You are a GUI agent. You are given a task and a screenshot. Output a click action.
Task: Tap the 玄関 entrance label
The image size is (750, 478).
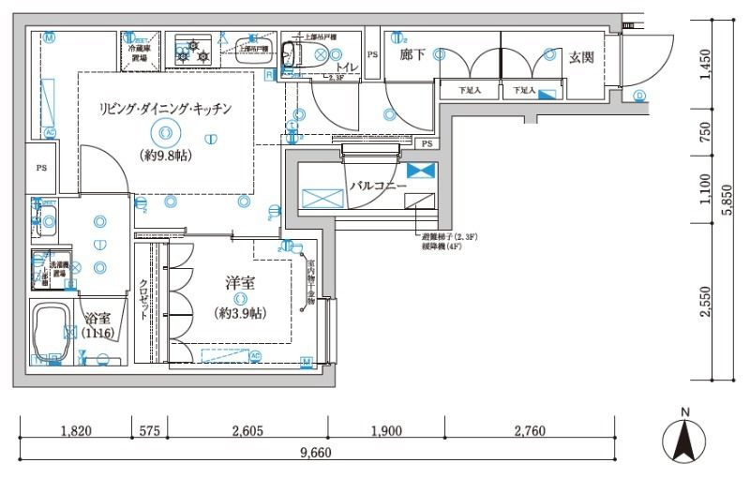[581, 57]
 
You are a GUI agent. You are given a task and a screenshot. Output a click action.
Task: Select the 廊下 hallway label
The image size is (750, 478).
[412, 56]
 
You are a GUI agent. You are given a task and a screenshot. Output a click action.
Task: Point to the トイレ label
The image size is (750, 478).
[346, 67]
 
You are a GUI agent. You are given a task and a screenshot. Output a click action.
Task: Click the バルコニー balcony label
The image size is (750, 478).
[377, 187]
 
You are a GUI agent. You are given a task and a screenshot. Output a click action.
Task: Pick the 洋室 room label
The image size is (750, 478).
[241, 283]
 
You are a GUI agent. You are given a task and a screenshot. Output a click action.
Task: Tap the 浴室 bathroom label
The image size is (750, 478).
[97, 318]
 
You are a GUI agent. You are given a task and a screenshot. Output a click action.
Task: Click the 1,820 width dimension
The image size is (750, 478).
[75, 431]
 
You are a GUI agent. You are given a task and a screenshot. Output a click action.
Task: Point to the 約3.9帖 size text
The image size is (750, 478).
[241, 311]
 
